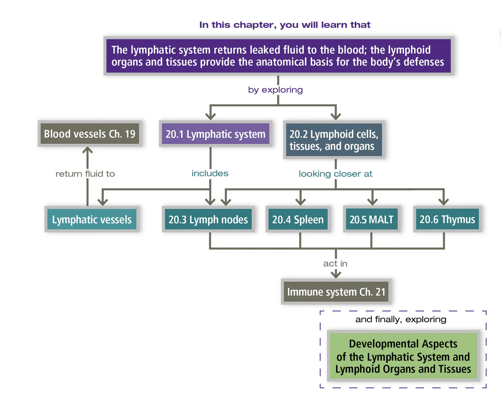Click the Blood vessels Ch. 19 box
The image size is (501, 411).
(x=90, y=134)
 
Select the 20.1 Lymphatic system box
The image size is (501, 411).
(x=215, y=134)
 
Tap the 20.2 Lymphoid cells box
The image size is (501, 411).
(x=334, y=140)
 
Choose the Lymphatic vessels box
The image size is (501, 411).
(x=92, y=219)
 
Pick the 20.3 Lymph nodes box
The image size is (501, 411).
(x=208, y=219)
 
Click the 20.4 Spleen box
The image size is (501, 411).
(x=298, y=219)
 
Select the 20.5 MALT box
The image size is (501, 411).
(x=371, y=219)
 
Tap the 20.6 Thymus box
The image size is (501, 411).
(x=447, y=219)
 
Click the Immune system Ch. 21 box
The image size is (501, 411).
(x=336, y=292)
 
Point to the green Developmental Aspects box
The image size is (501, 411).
(x=403, y=356)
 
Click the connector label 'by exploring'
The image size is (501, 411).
(x=275, y=90)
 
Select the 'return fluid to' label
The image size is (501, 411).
(x=85, y=174)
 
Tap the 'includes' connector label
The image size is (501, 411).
(x=210, y=173)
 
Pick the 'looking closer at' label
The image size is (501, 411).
(x=335, y=174)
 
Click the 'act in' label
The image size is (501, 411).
(x=335, y=264)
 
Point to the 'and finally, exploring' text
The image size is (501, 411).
(x=401, y=319)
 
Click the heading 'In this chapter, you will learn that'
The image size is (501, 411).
(x=284, y=25)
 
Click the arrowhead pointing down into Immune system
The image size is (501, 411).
(x=336, y=274)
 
